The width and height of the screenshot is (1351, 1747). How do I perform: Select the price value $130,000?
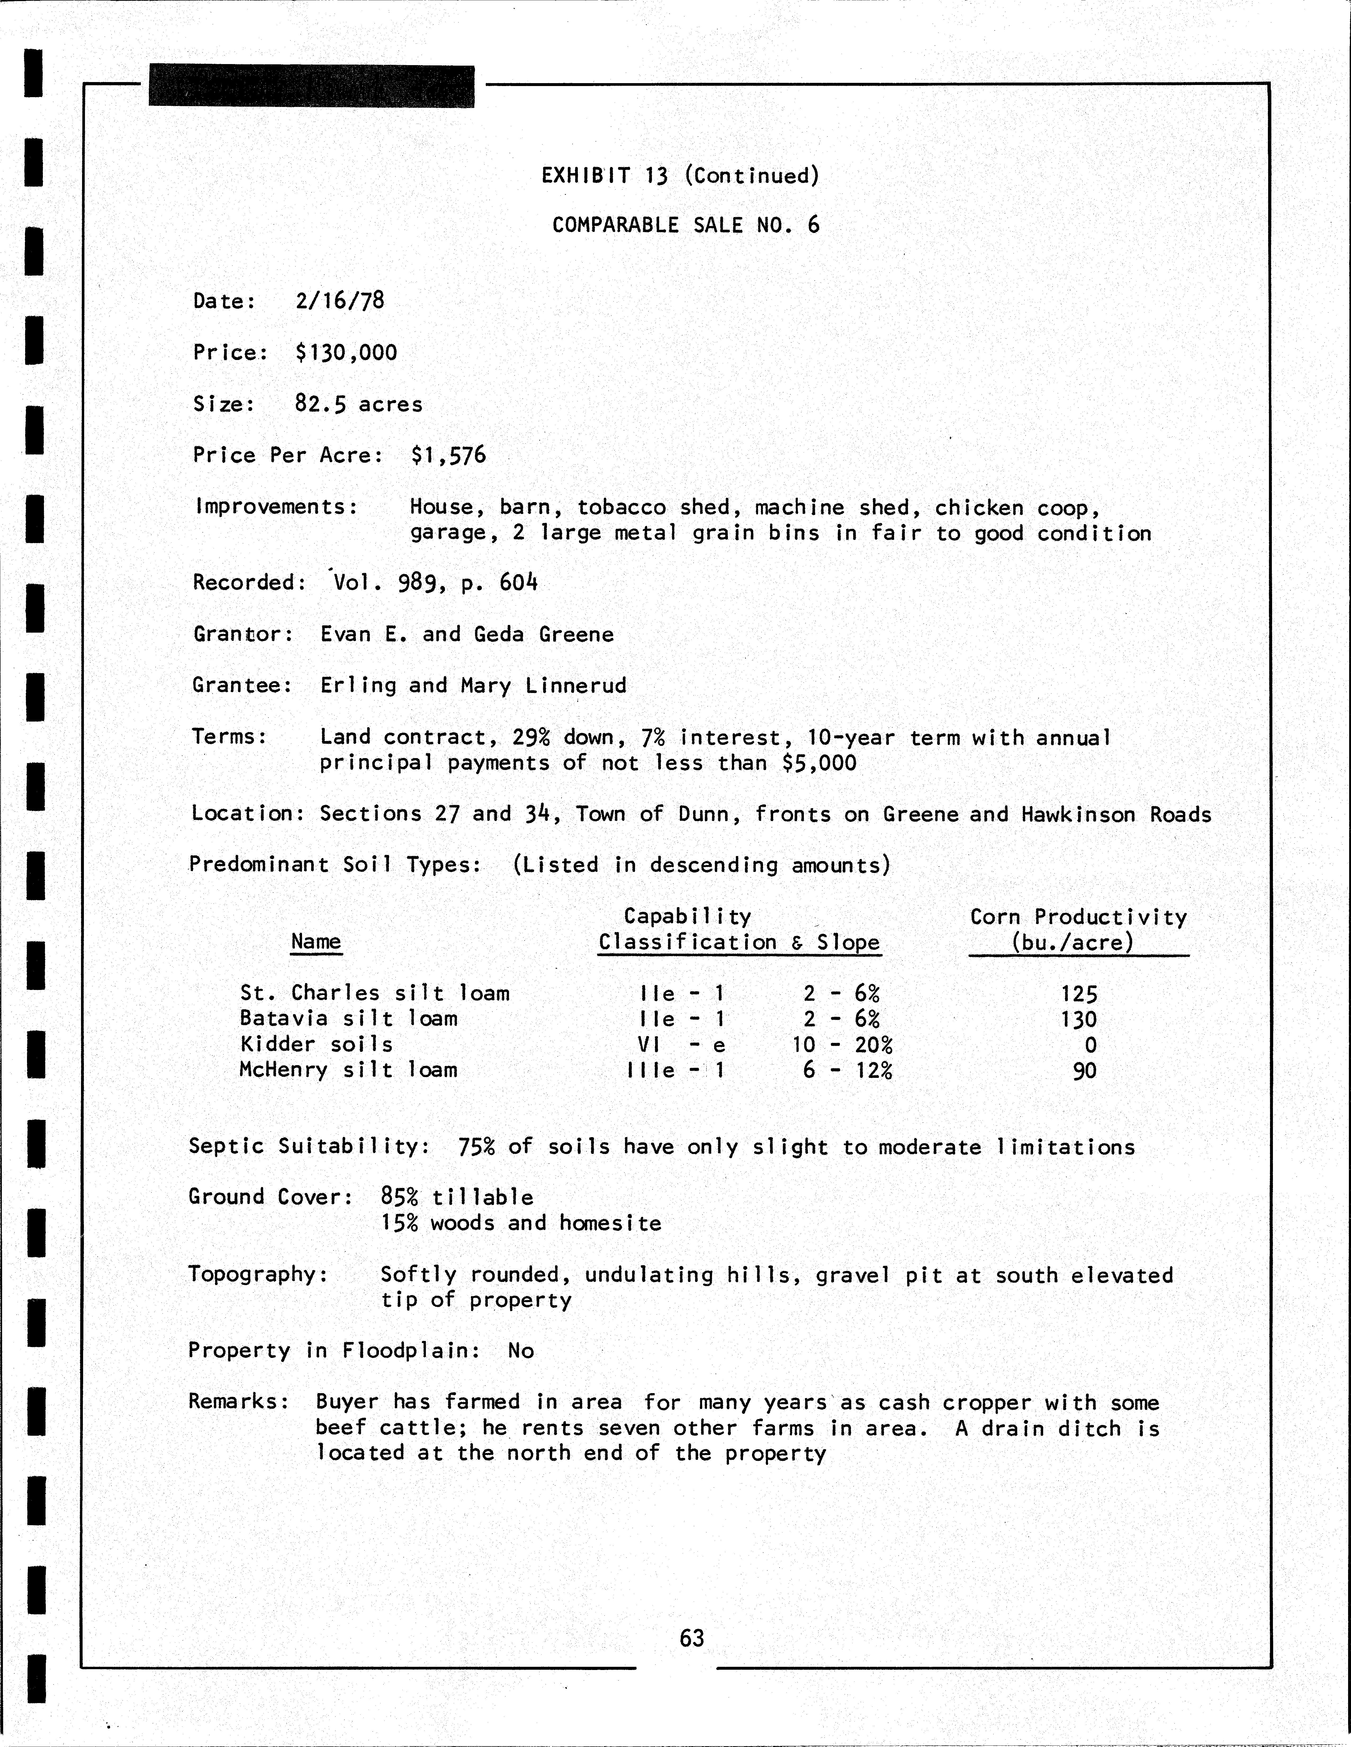pyautogui.click(x=345, y=353)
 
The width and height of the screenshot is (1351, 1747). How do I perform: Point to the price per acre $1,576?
pyautogui.click(x=448, y=455)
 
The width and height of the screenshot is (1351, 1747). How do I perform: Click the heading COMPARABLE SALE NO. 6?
pyautogui.click(x=686, y=225)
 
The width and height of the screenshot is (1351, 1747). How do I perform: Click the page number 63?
pyautogui.click(x=692, y=1638)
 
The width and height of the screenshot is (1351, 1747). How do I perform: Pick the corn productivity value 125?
pyautogui.click(x=1079, y=994)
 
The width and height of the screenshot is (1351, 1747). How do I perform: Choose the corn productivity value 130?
pyautogui.click(x=1079, y=1020)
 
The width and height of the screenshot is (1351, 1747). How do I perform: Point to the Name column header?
pyautogui.click(x=316, y=942)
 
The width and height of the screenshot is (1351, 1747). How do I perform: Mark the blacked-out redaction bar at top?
pyautogui.click(x=311, y=86)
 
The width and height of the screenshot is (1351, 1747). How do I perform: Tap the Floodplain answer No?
pyautogui.click(x=521, y=1351)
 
